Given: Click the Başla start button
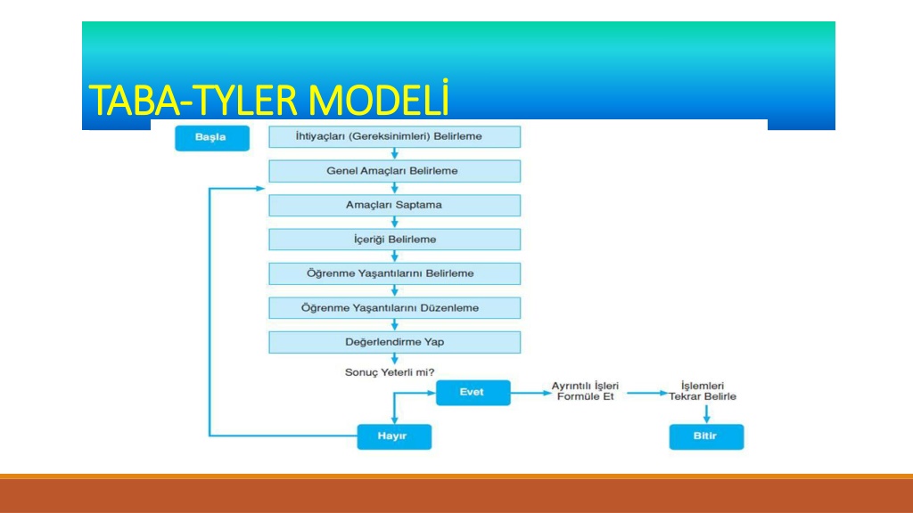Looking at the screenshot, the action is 212,138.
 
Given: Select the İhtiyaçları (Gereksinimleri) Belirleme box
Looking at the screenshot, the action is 394,136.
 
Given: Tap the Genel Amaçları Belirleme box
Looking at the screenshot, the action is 394,171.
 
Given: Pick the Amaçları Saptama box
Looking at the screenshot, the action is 394,206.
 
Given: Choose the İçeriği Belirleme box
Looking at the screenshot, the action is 394,239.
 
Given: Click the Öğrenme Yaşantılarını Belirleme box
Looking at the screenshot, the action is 394,273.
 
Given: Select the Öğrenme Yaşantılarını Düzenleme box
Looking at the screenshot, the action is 394,307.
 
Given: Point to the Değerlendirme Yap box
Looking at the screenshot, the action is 394,342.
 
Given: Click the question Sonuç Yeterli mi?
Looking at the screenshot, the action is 390,372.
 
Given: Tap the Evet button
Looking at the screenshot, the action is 473,393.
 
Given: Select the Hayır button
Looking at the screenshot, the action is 394,436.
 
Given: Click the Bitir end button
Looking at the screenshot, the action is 706,436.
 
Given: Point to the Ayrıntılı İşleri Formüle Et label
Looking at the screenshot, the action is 585,392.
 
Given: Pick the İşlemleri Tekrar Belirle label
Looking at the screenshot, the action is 703,392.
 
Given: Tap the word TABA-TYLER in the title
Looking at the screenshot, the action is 194,101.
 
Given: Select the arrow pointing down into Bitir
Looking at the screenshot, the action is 706,414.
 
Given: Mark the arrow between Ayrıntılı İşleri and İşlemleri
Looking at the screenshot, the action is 647,393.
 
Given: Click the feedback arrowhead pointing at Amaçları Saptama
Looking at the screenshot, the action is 260,189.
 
